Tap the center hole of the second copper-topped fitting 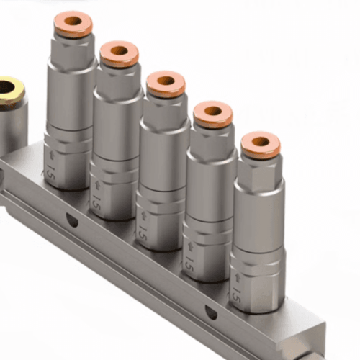(119, 53)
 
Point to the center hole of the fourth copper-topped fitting (213, 113)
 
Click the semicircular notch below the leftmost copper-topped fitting (72, 220)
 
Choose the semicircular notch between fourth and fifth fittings (211, 312)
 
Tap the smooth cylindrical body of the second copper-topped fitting (118, 122)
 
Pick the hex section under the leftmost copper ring (72, 54)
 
